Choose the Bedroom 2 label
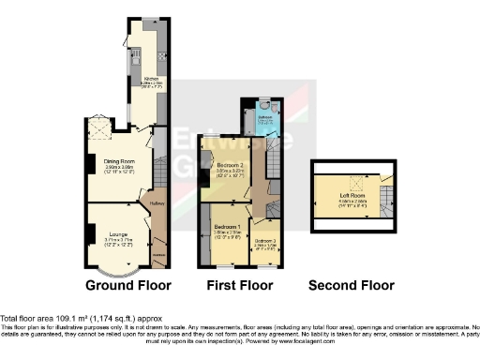230,165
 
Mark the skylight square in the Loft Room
353,182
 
